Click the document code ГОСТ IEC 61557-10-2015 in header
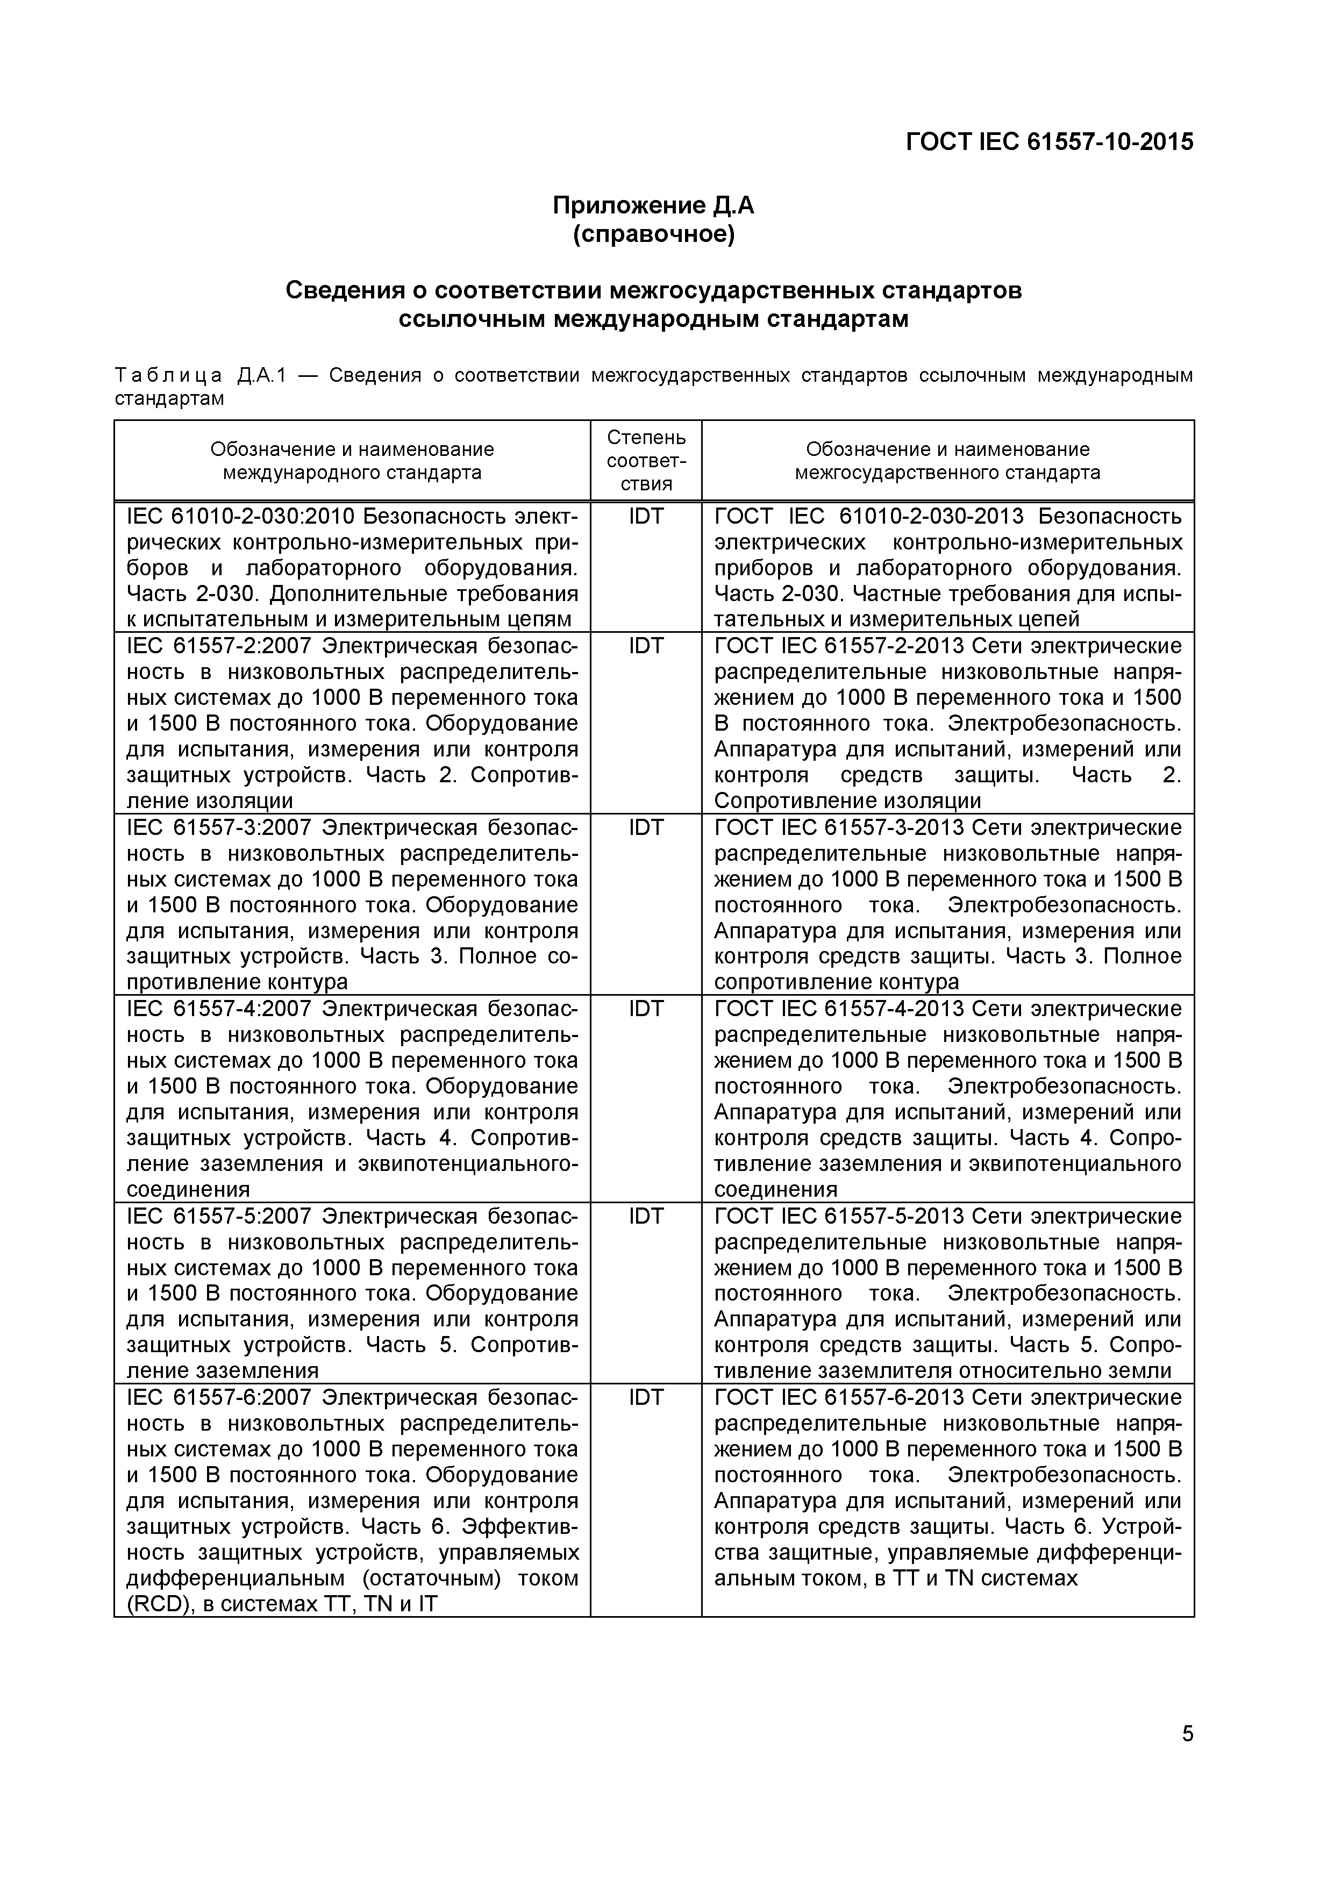(1049, 142)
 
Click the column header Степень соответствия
(646, 460)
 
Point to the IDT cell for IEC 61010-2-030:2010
(646, 516)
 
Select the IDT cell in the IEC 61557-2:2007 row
(646, 646)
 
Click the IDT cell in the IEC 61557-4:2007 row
(646, 1009)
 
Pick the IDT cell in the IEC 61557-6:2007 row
(646, 1397)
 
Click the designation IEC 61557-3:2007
(218, 827)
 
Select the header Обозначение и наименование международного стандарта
(352, 460)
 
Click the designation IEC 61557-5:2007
(218, 1216)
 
